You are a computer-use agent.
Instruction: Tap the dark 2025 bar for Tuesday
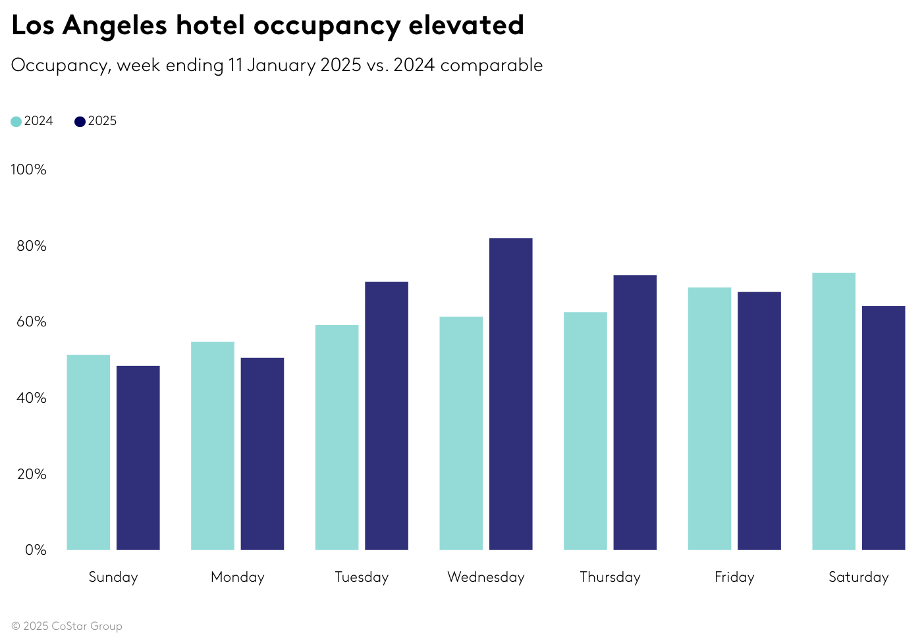[x=387, y=415]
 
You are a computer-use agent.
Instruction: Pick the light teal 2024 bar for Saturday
[x=834, y=411]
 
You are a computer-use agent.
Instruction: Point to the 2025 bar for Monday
[x=262, y=453]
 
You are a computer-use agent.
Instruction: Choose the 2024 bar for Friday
[x=709, y=419]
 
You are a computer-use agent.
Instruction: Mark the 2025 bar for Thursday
[x=635, y=412]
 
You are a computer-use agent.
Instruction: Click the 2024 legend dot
[x=16, y=122]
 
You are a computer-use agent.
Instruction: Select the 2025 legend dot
[x=80, y=122]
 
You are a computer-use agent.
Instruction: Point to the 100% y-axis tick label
[x=28, y=170]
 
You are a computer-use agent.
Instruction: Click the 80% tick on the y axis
[x=32, y=246]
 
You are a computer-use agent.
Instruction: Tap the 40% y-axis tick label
[x=32, y=398]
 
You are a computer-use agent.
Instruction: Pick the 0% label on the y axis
[x=36, y=550]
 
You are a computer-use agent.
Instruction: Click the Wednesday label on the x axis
[x=486, y=577]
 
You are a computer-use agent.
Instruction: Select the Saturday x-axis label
[x=858, y=577]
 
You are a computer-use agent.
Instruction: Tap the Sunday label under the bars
[x=113, y=577]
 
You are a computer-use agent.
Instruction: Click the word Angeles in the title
[x=115, y=26]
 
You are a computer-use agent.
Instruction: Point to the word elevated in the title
[x=466, y=26]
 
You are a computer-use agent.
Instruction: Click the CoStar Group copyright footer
[x=67, y=626]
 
